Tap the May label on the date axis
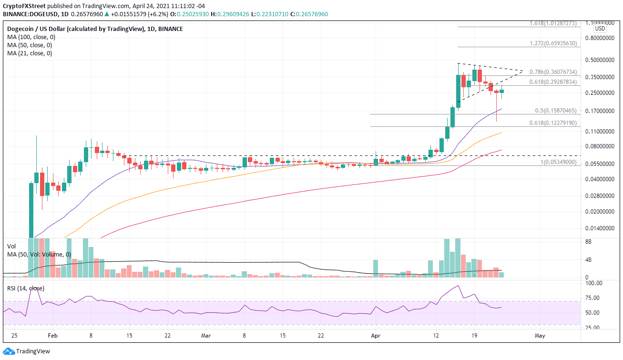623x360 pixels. click(x=540, y=335)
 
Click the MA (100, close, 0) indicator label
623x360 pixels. click(x=30, y=37)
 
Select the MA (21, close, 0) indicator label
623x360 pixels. click(x=28, y=53)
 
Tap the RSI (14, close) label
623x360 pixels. click(x=26, y=288)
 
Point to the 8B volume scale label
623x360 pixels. click(x=589, y=242)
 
